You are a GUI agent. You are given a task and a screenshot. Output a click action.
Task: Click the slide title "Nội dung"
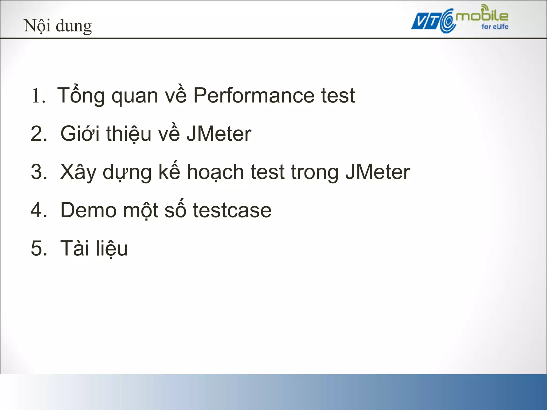click(x=58, y=26)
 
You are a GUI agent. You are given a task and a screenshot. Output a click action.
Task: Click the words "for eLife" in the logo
click(x=495, y=27)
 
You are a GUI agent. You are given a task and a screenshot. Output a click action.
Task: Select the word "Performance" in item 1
click(x=254, y=95)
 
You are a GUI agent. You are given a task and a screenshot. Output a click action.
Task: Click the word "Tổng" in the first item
click(x=81, y=95)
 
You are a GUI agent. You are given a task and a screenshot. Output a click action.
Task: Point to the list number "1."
click(x=38, y=96)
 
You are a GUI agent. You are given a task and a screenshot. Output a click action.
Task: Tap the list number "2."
click(x=39, y=134)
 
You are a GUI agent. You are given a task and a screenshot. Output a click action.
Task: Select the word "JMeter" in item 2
click(x=219, y=134)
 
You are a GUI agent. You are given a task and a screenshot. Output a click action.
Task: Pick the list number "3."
click(x=39, y=172)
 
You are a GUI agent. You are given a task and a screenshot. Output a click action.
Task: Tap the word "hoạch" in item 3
click(x=215, y=172)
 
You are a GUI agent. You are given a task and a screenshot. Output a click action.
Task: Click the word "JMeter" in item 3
click(x=377, y=172)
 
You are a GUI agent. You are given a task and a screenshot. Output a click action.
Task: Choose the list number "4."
click(x=39, y=210)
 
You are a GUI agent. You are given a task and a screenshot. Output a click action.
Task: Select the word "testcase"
click(x=232, y=210)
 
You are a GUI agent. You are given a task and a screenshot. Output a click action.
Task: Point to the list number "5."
click(x=39, y=248)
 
